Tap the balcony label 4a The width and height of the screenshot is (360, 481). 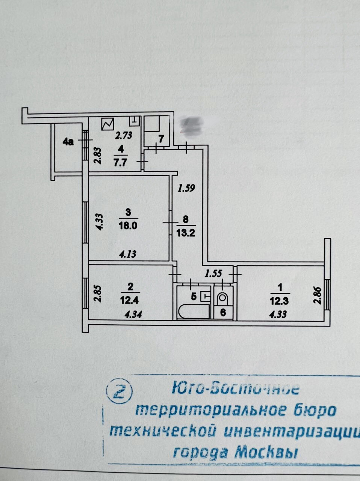68,142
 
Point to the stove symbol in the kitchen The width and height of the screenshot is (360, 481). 108,124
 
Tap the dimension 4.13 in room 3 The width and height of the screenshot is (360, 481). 127,254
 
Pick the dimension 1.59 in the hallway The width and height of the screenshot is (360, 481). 186,188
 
